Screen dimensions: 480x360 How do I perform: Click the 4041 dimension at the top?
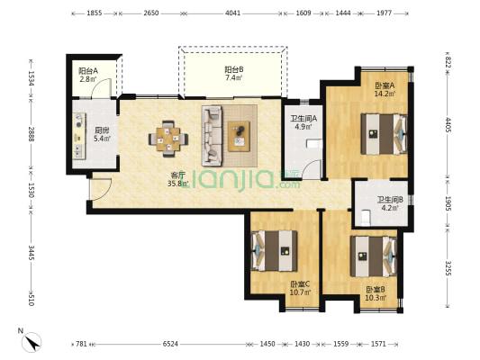(232, 13)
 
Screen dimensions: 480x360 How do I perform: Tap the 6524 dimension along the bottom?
(170, 344)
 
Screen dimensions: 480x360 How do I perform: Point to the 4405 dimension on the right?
(448, 125)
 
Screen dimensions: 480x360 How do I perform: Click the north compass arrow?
(32, 343)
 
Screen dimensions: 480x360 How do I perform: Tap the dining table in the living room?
(168, 139)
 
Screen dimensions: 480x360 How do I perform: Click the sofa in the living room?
(212, 136)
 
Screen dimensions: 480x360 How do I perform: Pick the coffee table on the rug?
(239, 136)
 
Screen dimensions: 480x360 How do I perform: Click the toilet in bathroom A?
(314, 143)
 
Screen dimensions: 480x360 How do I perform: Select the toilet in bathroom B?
(366, 218)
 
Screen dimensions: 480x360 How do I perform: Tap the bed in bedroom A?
(385, 134)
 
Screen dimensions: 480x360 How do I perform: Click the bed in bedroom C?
(274, 251)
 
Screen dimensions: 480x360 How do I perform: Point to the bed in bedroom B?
(374, 256)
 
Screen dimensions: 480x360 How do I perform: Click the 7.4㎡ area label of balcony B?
(234, 77)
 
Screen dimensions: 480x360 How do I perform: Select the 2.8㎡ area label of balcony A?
(88, 79)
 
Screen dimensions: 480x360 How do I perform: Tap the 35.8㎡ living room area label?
(177, 184)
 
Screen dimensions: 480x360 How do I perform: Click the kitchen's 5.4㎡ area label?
(102, 139)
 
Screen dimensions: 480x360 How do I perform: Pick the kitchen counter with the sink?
(79, 136)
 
